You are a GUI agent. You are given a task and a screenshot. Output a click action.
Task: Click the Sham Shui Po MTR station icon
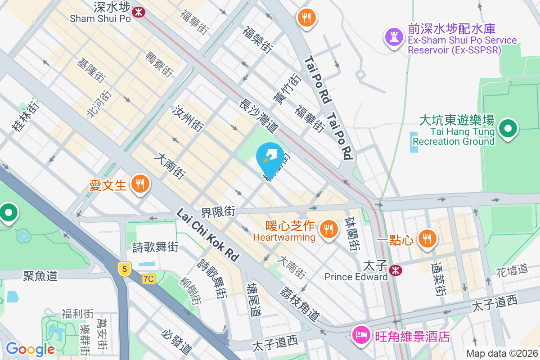coord(138,12)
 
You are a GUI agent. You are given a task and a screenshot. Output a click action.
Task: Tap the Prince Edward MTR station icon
coord(396,270)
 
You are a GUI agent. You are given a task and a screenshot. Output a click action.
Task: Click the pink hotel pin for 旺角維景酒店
coord(361,336)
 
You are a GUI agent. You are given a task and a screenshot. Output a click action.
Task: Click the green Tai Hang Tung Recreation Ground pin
coord(508,129)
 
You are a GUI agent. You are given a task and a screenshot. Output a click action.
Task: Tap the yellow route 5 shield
coord(125,269)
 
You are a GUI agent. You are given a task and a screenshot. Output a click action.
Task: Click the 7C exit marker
coord(148,279)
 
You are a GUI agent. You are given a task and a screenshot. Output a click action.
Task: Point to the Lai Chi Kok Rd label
coord(207,234)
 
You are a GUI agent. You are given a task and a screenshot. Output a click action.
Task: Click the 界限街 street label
coord(218,211)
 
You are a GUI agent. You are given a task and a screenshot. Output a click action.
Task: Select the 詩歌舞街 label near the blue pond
coord(155,247)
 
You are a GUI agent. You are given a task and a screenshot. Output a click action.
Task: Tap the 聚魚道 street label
coord(40,275)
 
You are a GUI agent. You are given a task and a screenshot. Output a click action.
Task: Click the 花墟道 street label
coord(512,270)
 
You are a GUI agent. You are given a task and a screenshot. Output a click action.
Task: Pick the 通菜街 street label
coord(438,279)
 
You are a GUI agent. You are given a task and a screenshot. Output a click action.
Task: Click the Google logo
coord(30,349)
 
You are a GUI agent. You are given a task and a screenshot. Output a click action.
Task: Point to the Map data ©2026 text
coord(501,354)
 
